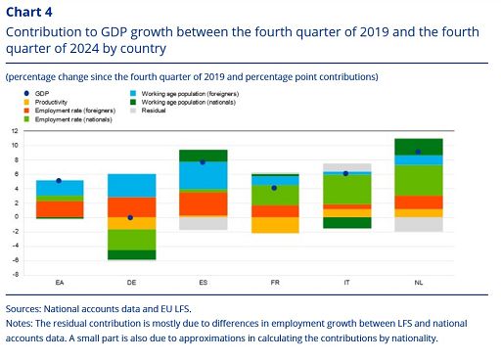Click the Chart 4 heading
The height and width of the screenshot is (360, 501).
pyautogui.click(x=31, y=12)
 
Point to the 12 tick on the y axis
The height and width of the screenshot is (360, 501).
pyautogui.click(x=14, y=131)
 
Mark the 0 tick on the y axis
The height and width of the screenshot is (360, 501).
pyautogui.click(x=16, y=217)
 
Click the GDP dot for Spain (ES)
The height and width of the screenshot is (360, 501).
pyautogui.click(x=203, y=161)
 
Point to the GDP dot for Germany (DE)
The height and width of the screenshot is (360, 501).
pyautogui.click(x=130, y=217)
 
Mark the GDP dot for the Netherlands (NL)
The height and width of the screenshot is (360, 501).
pyautogui.click(x=418, y=152)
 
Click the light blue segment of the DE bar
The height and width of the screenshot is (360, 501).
pyautogui.click(x=130, y=185)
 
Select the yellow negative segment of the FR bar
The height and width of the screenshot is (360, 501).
pyautogui.click(x=274, y=225)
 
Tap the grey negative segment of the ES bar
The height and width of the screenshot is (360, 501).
pyautogui.click(x=203, y=223)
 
